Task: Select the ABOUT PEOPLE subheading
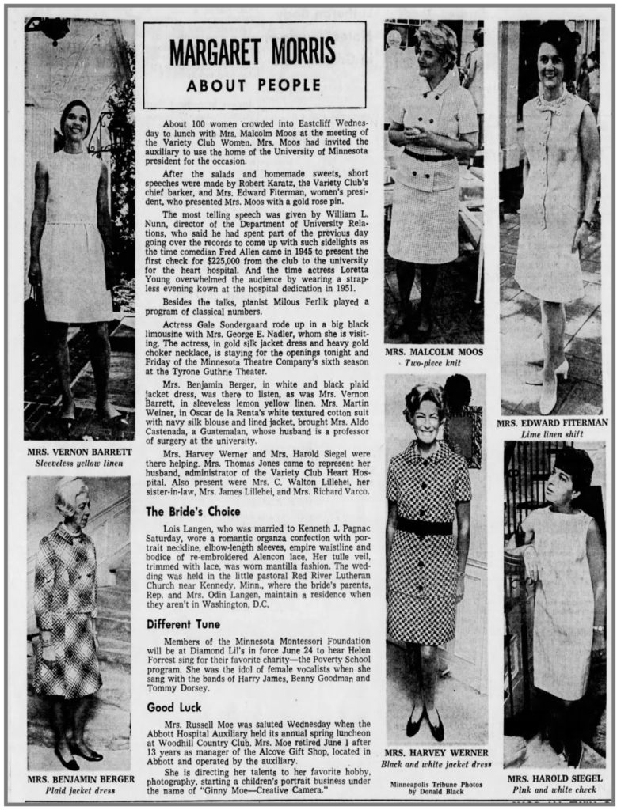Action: (254, 85)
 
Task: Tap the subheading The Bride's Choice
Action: (193, 511)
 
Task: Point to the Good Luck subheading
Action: (173, 707)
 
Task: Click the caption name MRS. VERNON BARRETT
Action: (78, 452)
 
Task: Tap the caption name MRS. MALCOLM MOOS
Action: (433, 351)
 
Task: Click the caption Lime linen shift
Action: (553, 435)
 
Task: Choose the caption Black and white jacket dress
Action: (436, 764)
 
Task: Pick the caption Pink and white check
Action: (554, 789)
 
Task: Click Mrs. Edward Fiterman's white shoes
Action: (552, 388)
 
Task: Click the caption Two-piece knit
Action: (433, 362)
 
